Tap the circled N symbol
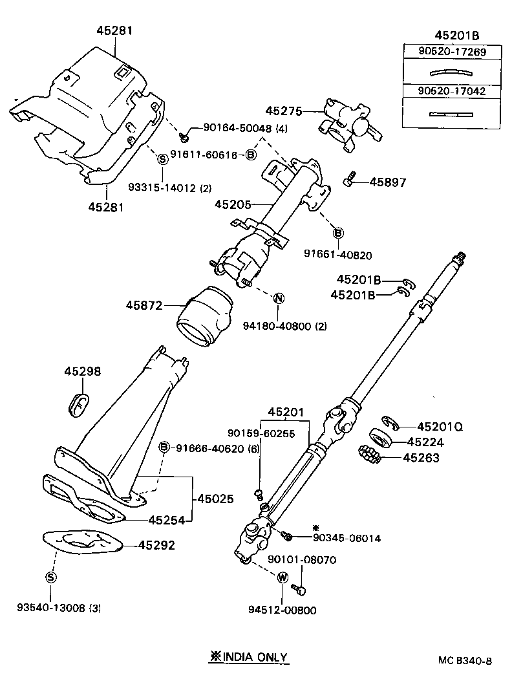pos(279,298)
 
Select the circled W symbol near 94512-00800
pos(283,577)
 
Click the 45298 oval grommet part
pos(79,402)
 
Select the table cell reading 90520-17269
pos(443,52)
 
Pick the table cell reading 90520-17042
pos(443,92)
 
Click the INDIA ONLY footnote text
pos(248,656)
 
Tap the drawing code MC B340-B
pos(465,660)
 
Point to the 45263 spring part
pos(371,456)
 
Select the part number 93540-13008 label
pos(59,608)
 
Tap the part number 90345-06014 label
pos(347,537)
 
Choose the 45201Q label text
pos(440,427)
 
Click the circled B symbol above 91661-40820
pos(337,233)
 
